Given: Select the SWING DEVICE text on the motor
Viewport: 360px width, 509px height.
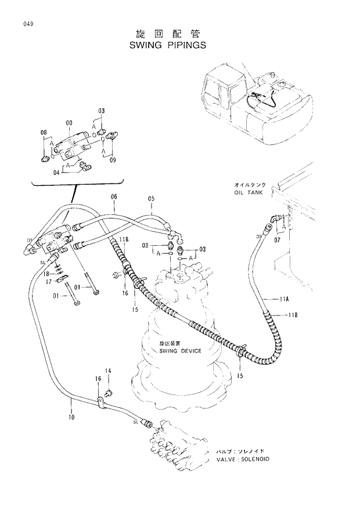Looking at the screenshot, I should click(180, 351).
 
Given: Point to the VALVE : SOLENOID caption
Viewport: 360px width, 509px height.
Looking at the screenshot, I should click(243, 458).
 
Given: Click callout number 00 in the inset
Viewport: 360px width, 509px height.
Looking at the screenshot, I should click(69, 123).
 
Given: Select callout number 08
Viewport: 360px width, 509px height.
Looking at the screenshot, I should click(43, 133).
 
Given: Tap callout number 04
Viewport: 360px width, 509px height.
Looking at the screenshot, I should click(56, 172).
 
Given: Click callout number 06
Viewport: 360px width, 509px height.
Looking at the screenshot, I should click(114, 196).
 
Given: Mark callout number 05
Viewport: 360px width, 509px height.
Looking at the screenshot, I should click(151, 199).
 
